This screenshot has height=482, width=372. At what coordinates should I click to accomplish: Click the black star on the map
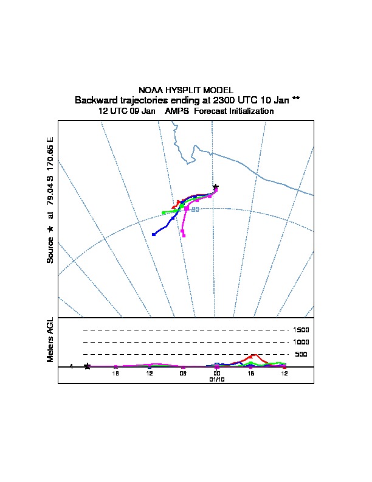[x=215, y=186]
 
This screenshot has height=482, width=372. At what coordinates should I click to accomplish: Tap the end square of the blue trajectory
[x=153, y=234]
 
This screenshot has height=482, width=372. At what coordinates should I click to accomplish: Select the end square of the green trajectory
[x=164, y=212]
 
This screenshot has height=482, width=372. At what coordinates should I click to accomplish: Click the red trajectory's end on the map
[x=173, y=207]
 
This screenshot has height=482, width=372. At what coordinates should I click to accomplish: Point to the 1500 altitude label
[x=301, y=330]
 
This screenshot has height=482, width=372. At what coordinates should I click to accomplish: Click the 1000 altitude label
[x=301, y=342]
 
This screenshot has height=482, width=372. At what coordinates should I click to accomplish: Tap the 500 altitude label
[x=301, y=354]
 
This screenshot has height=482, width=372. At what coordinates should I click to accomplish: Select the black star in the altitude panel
[x=88, y=366]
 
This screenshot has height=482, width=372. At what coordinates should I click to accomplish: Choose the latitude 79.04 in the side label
[x=50, y=194]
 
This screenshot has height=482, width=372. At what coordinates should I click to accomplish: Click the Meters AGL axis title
[x=50, y=340]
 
